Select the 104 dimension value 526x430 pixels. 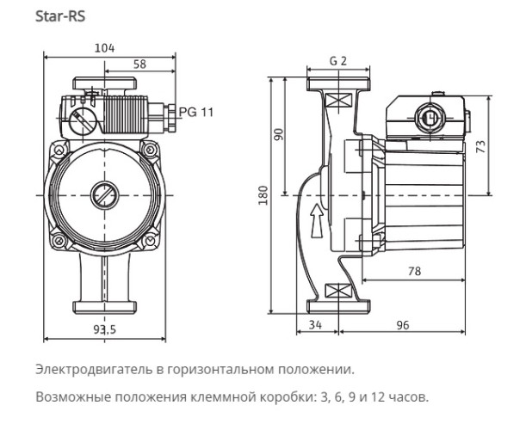(x=106, y=49)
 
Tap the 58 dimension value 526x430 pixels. (x=139, y=64)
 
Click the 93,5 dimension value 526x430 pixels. (x=104, y=329)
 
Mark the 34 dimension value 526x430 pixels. (x=316, y=325)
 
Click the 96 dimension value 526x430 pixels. (x=404, y=325)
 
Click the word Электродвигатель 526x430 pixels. (x=82, y=370)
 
